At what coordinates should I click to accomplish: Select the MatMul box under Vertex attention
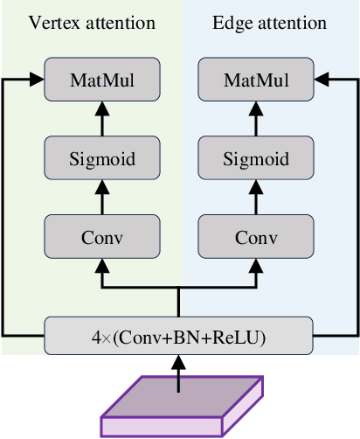point(102,80)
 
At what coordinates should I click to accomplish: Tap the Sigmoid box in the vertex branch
point(102,158)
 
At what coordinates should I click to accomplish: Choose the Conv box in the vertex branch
point(102,237)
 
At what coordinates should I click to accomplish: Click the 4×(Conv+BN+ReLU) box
point(178,335)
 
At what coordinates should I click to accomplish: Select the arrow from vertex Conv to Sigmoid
point(102,198)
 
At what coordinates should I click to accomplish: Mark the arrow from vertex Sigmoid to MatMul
point(102,119)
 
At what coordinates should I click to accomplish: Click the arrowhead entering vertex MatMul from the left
point(38,80)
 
